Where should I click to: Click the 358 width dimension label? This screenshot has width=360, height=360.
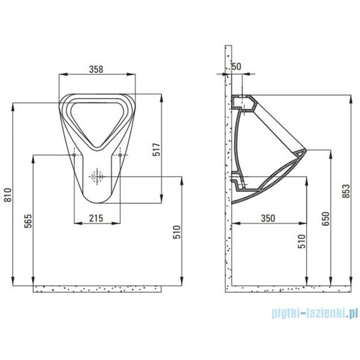96,68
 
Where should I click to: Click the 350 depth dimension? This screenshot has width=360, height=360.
267,218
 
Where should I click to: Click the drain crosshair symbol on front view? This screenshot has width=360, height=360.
96,175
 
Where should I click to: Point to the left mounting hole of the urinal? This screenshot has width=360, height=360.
74,155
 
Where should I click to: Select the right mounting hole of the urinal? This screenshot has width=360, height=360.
119,155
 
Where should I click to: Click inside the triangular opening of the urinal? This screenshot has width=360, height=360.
96,117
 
